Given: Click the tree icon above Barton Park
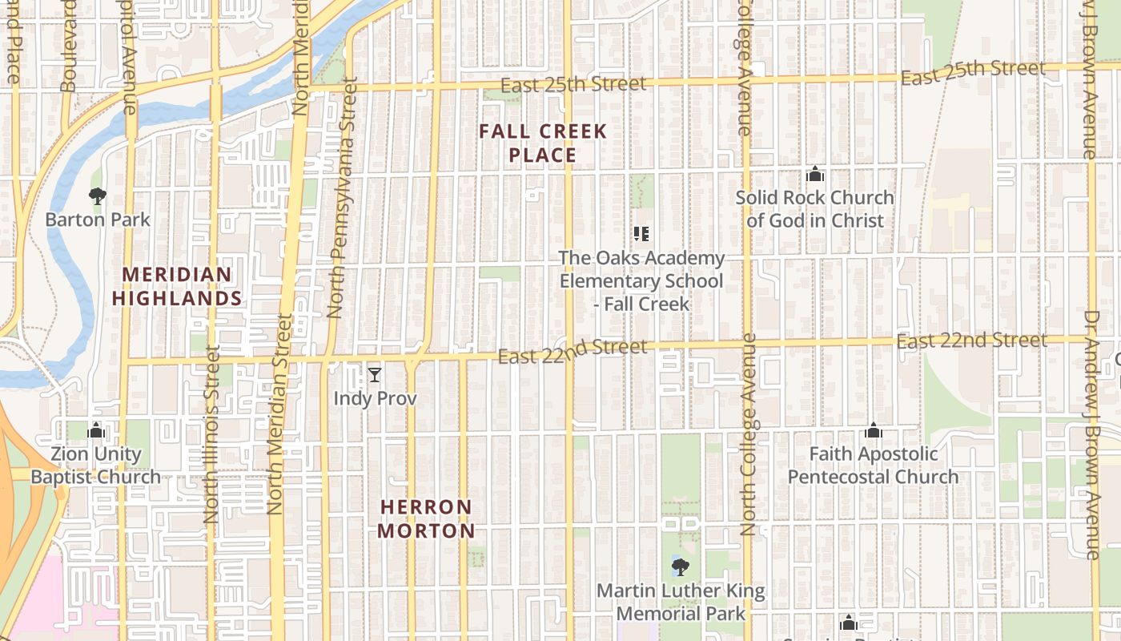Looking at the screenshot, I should point(98,196).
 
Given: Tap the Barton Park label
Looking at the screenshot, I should point(98,219).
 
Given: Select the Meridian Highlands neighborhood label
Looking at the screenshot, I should point(177,287).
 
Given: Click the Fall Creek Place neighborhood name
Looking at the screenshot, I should point(543,143).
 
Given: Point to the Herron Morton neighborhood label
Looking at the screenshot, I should point(426,518).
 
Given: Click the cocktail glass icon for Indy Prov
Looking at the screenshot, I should point(374,374).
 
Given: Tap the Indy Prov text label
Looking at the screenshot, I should point(375,398).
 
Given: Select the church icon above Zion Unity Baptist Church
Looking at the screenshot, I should point(96,431).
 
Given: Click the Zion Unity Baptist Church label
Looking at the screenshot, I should point(96,466).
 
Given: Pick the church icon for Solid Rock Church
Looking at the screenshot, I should point(815,174).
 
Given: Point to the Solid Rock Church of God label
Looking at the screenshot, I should point(815,208).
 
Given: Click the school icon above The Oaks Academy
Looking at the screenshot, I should point(641,234).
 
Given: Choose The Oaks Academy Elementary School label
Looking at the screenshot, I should point(641,281).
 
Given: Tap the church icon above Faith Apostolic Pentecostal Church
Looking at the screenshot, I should point(874,431).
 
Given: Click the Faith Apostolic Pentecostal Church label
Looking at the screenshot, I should point(874,466).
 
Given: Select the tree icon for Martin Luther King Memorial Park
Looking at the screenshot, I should point(681,568).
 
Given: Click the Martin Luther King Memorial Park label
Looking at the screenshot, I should point(681,603).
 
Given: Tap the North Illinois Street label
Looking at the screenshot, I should point(211,433).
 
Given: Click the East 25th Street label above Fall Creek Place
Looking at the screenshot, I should point(573,84).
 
